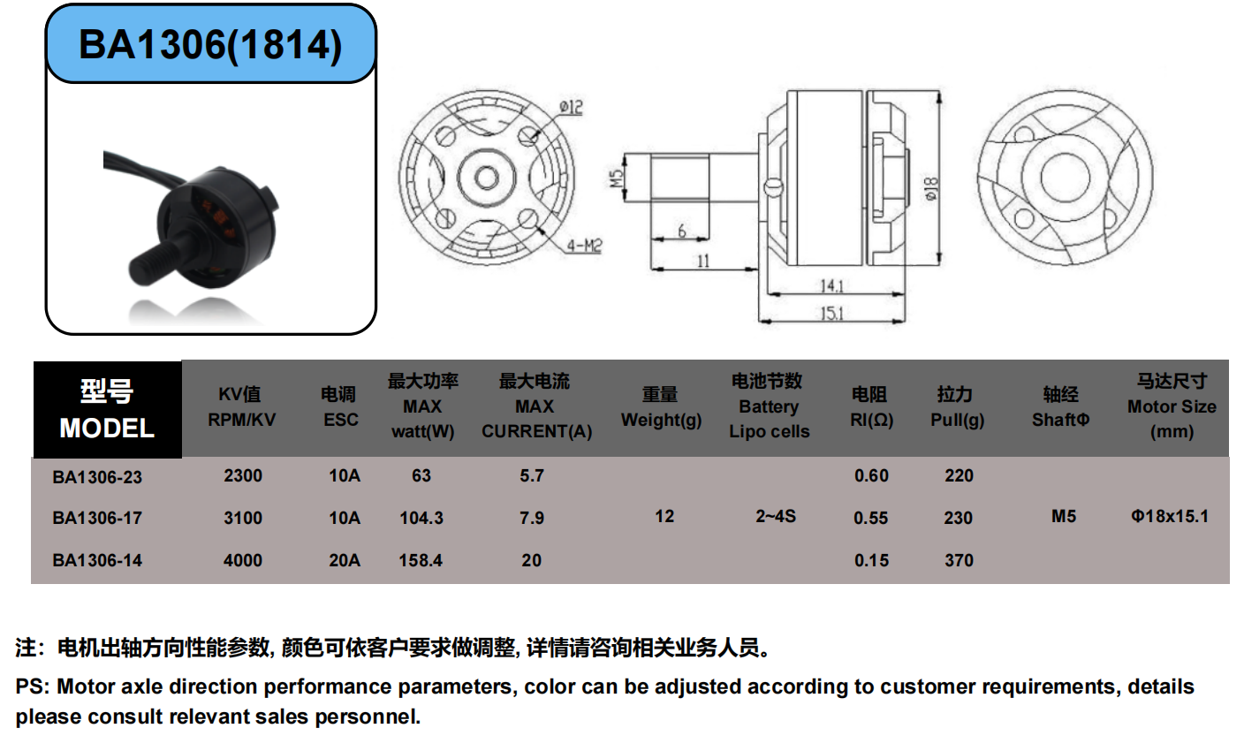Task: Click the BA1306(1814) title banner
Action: tap(210, 44)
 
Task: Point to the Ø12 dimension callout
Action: tap(571, 107)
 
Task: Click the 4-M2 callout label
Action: tap(584, 245)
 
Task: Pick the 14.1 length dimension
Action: tap(832, 285)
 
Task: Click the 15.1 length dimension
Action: tap(832, 314)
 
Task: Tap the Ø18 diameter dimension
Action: tap(931, 189)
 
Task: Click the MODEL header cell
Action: tap(107, 409)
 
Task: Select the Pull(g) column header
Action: tap(957, 407)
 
